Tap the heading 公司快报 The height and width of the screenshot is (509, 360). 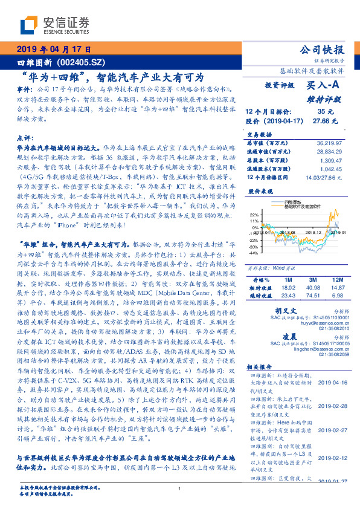[x=324, y=50]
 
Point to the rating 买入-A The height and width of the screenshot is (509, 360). [x=319, y=85]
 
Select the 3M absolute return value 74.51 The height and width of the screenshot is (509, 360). [x=312, y=296]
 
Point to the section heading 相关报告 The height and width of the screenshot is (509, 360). [x=260, y=366]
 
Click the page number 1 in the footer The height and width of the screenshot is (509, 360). [x=179, y=489]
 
